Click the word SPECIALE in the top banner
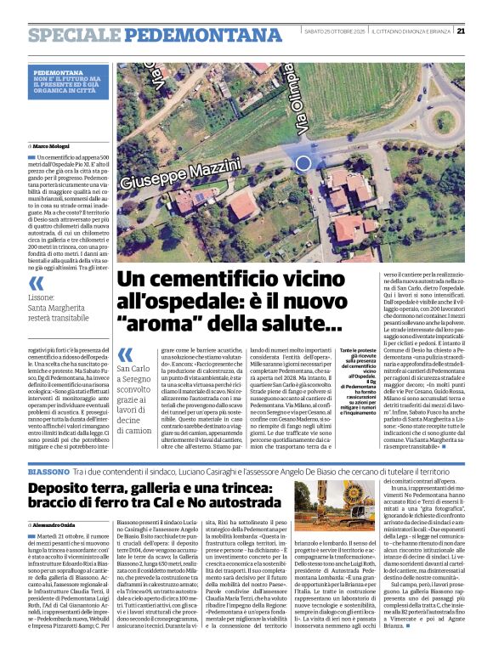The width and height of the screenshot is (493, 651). (67, 35)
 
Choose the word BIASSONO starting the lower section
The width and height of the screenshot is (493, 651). (48, 471)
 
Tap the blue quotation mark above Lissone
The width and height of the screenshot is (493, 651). (36, 283)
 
